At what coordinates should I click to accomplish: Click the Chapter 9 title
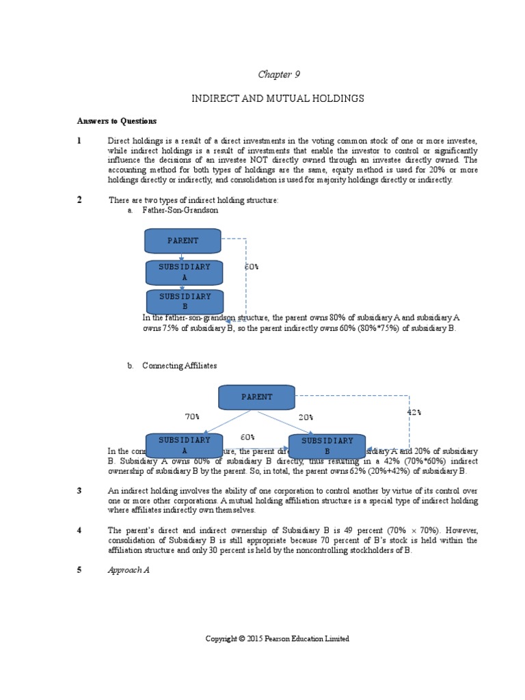click(278, 74)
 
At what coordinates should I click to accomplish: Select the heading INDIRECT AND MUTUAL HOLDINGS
click(278, 99)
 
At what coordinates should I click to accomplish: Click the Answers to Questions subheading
click(116, 121)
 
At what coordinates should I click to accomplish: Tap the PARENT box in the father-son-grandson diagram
click(183, 241)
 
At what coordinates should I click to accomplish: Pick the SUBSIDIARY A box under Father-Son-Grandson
click(185, 272)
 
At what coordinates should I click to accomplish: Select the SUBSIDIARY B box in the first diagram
click(185, 301)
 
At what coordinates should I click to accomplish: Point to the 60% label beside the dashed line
click(252, 267)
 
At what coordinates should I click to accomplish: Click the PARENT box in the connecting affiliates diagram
click(256, 397)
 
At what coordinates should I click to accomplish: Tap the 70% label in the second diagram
click(192, 416)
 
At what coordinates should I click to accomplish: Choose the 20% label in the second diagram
click(305, 416)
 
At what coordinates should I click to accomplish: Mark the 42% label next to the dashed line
click(414, 412)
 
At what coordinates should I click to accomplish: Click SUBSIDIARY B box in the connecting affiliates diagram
click(327, 446)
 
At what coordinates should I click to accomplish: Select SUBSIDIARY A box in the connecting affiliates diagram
click(185, 445)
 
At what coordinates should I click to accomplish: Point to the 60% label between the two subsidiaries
click(247, 437)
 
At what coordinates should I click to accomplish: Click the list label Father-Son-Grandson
click(180, 211)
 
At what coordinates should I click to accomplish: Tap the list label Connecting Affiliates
click(179, 366)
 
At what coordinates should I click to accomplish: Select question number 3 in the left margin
click(79, 491)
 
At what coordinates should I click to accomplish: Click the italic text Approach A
click(129, 569)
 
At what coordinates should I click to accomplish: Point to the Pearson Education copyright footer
click(278, 638)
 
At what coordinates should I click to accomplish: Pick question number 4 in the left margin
click(79, 530)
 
